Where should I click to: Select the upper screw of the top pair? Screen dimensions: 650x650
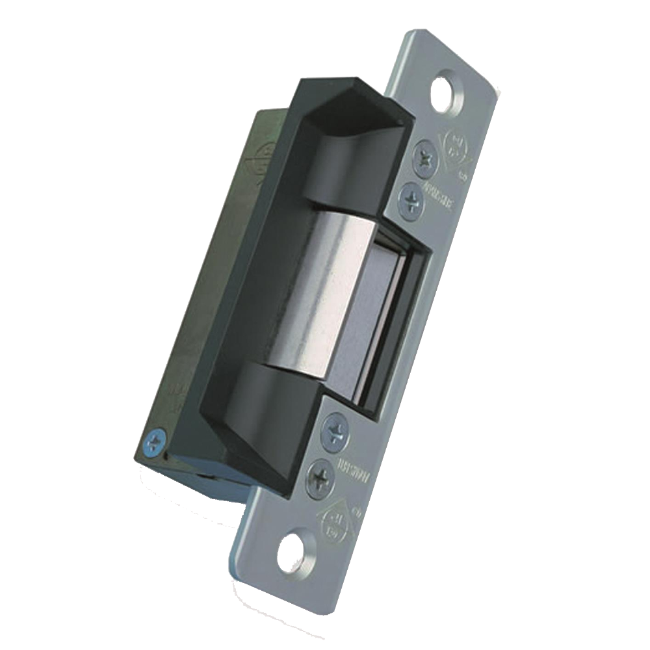pos(424,156)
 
